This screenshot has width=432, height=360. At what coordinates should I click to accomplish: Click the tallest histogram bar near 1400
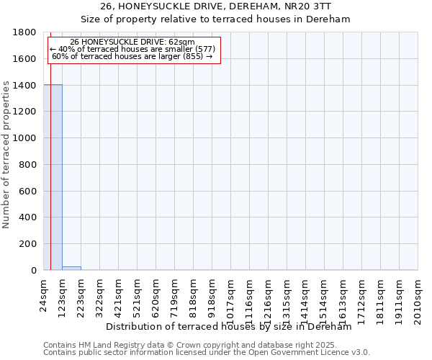53,177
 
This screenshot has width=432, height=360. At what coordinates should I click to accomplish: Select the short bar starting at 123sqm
71,268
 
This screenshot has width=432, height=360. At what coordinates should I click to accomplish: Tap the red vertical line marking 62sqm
50,166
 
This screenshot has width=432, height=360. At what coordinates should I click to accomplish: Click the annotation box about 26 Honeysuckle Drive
133,49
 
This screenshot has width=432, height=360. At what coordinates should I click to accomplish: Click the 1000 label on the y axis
26,138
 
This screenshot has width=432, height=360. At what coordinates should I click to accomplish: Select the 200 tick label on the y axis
29,244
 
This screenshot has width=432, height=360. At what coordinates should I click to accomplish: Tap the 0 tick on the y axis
34,271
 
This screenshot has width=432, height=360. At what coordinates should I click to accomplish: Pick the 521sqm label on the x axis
138,294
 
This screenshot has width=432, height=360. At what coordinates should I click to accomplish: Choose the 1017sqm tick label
231,297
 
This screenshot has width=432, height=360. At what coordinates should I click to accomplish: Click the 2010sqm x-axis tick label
418,297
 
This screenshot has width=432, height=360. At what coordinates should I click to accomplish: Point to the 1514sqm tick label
325,297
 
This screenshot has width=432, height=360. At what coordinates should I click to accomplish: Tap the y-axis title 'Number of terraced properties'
7,155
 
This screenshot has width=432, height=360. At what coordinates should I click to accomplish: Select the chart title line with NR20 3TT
215,6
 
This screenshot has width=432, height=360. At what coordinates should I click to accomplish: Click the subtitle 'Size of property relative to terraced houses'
215,19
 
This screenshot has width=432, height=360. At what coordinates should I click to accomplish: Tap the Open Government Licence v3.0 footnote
207,353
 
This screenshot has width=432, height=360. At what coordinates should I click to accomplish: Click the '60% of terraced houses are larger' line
132,56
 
